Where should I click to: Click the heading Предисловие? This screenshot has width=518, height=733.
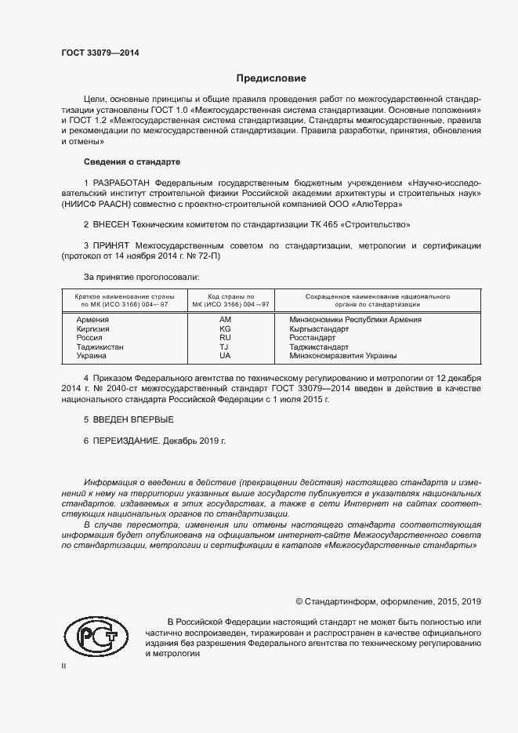271,78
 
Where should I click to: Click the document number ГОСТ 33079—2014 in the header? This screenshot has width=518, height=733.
100,53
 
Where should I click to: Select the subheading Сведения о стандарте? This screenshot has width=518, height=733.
132,161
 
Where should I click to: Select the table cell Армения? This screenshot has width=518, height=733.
92,320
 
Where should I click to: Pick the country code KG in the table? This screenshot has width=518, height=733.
225,328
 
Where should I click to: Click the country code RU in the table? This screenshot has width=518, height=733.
225,338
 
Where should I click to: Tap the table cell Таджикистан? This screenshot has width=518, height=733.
100,347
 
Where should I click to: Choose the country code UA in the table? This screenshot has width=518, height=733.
225,355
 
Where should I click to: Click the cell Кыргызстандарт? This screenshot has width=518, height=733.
319,328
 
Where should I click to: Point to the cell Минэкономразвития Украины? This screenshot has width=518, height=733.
342,355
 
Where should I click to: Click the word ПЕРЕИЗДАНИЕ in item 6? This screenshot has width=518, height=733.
127,441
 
